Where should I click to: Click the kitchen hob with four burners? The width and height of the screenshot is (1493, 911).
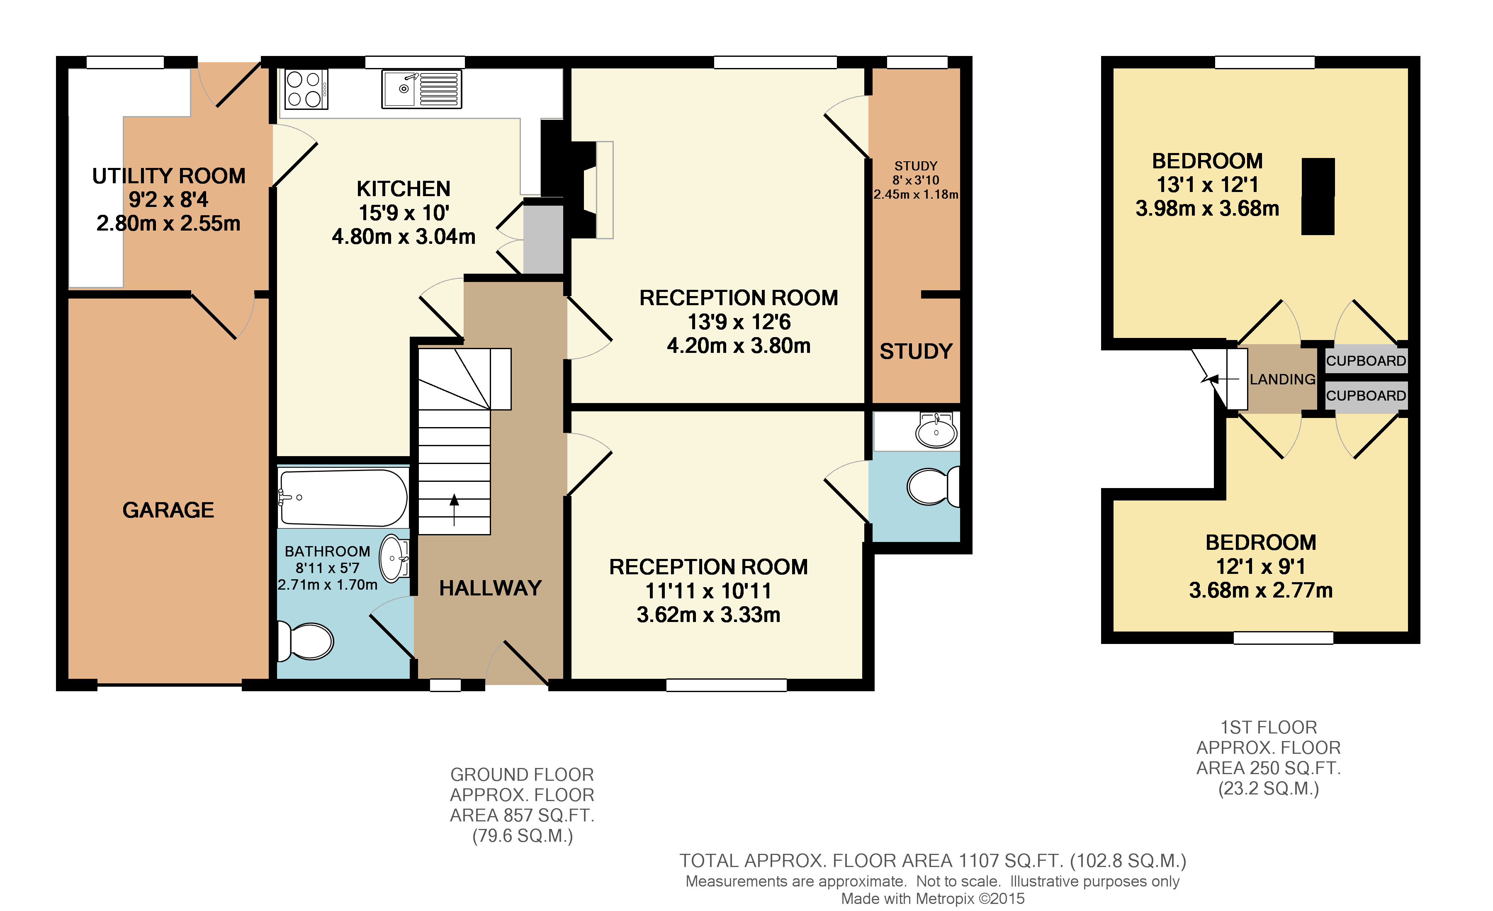306,89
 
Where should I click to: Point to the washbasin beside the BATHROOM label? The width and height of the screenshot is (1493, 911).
394,558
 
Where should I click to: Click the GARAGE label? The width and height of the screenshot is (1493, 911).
168,510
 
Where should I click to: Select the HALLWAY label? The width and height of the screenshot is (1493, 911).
490,588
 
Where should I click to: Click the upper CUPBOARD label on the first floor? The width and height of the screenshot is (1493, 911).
1366,361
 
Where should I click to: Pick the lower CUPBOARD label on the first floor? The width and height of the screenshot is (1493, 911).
1366,396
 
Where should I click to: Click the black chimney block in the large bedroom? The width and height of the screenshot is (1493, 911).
1318,196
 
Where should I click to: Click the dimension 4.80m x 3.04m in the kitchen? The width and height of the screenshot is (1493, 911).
404,237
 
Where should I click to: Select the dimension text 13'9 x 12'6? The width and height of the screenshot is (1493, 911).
739,322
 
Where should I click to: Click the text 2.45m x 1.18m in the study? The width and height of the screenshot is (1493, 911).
916,195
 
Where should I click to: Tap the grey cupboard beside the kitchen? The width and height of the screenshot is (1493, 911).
543,240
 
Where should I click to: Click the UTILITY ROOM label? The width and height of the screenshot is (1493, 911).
168,176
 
